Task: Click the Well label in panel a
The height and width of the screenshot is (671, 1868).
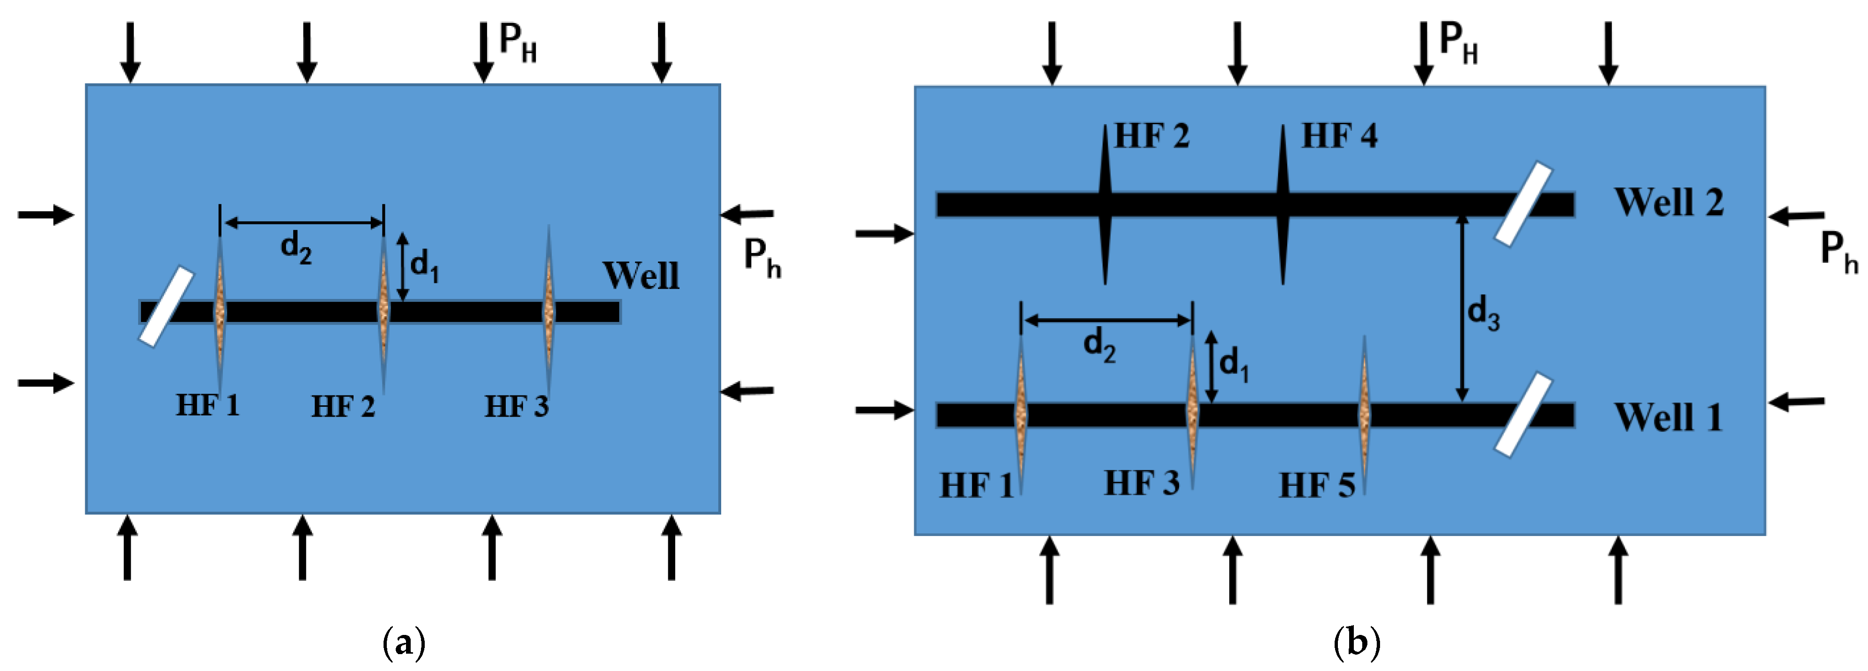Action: coord(641,276)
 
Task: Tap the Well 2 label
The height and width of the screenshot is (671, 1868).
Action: coord(1669,202)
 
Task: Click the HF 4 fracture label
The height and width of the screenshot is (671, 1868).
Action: coord(1339,135)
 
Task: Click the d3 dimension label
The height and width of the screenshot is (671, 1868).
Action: coord(1483,313)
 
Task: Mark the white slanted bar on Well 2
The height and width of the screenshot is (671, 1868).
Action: coord(1523,204)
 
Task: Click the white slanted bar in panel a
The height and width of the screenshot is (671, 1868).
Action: coord(166,306)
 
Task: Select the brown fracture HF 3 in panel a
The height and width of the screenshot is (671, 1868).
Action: coord(549,311)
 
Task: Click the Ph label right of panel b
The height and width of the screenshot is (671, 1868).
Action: coord(1839,253)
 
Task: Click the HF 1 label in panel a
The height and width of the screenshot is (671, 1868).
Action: coord(207,405)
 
